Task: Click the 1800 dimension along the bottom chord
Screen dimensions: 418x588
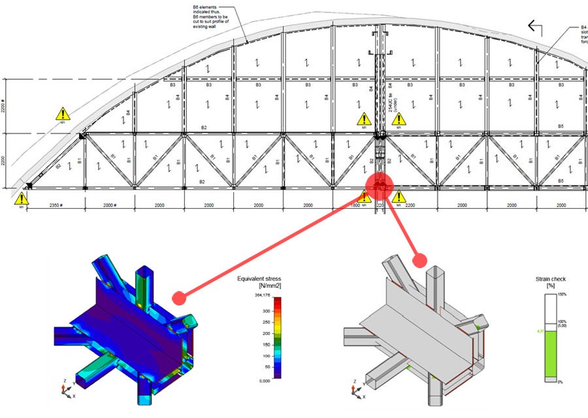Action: (353, 205)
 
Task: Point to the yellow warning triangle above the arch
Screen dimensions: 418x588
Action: (63, 114)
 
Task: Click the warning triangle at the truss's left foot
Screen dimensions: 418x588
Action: (22, 198)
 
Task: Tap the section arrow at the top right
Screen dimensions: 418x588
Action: (536, 26)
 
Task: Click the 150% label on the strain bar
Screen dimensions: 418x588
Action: (561, 295)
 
